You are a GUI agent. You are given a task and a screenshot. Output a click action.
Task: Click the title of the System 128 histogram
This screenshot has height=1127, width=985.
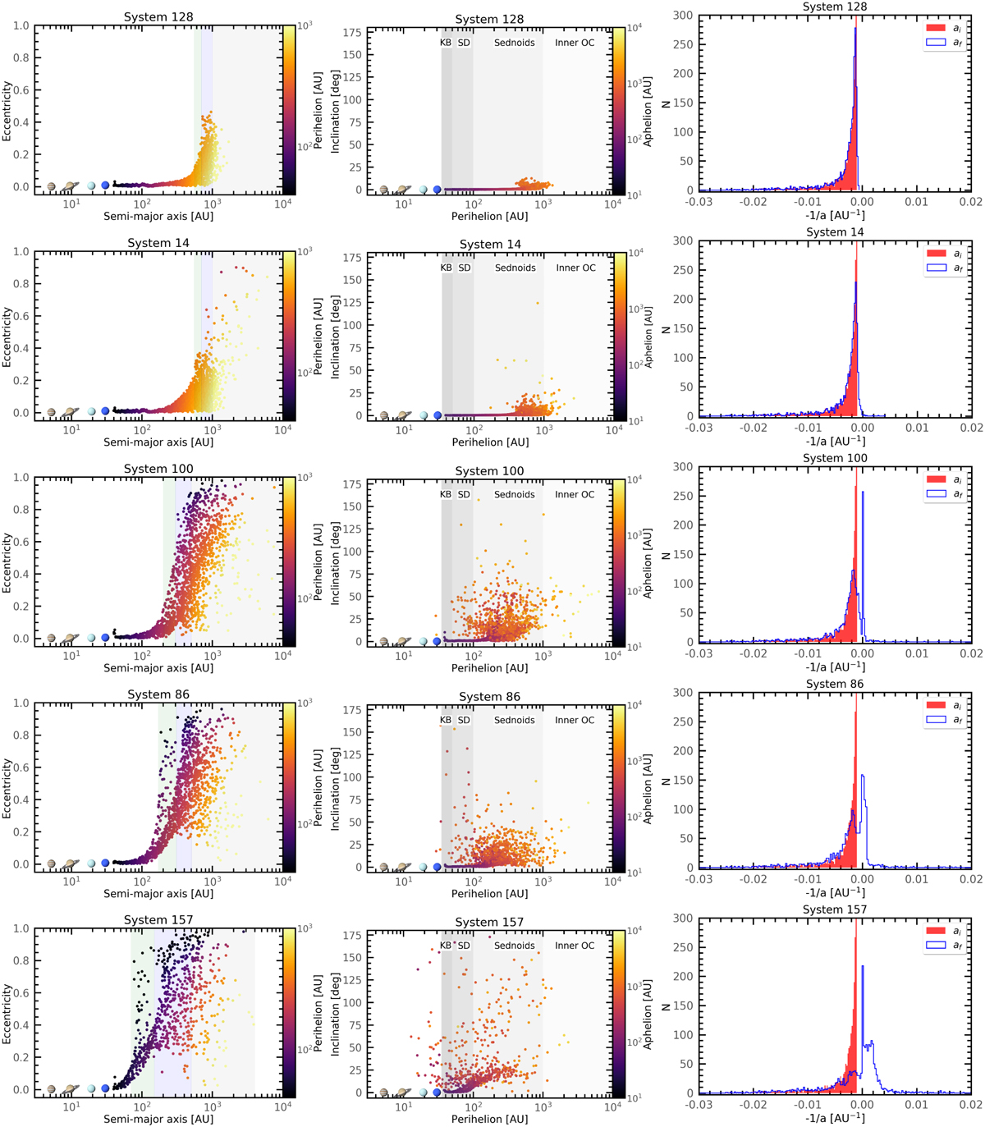(x=834, y=7)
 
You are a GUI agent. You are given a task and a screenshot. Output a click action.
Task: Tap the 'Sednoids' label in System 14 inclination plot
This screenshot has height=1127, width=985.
(x=515, y=268)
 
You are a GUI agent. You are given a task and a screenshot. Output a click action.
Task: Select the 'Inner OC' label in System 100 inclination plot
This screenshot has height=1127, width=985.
(x=575, y=494)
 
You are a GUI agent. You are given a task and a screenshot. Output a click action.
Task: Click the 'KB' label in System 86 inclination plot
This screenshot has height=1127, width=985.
(x=446, y=720)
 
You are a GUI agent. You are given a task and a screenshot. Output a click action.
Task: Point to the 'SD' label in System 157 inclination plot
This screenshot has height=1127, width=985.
(x=465, y=946)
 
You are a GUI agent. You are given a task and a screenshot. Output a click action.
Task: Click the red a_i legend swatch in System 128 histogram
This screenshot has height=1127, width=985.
(x=936, y=28)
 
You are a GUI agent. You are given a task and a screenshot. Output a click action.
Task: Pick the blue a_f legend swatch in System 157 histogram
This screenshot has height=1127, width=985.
(x=936, y=946)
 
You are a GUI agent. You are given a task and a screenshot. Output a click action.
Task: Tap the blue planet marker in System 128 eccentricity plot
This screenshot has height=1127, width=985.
(x=105, y=186)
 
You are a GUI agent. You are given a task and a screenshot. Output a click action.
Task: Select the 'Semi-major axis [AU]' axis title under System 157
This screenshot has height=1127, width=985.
(x=158, y=1119)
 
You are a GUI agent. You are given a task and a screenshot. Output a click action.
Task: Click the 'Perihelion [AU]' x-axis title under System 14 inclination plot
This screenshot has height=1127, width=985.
(x=490, y=442)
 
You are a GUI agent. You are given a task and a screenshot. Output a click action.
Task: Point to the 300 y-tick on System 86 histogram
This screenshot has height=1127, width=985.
(x=683, y=693)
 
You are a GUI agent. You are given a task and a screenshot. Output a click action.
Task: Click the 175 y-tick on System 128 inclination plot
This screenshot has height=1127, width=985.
(x=353, y=33)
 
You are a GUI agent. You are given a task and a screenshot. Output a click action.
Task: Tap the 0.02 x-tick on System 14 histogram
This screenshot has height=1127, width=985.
(x=971, y=428)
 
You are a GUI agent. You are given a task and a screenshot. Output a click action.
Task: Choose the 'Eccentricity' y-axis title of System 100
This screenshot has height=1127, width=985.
(x=7, y=562)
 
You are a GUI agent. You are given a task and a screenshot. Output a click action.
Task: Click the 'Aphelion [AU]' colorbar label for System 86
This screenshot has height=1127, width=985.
(x=648, y=789)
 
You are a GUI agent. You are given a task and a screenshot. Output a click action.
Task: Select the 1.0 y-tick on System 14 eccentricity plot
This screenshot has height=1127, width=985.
(x=21, y=252)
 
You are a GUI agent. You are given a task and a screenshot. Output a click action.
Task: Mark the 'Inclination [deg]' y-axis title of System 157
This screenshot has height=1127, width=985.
(x=335, y=1014)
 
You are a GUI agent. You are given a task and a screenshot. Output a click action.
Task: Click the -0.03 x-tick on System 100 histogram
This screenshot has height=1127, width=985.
(x=699, y=653)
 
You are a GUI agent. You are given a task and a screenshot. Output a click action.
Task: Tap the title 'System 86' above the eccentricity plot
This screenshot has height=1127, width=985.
(x=158, y=694)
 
